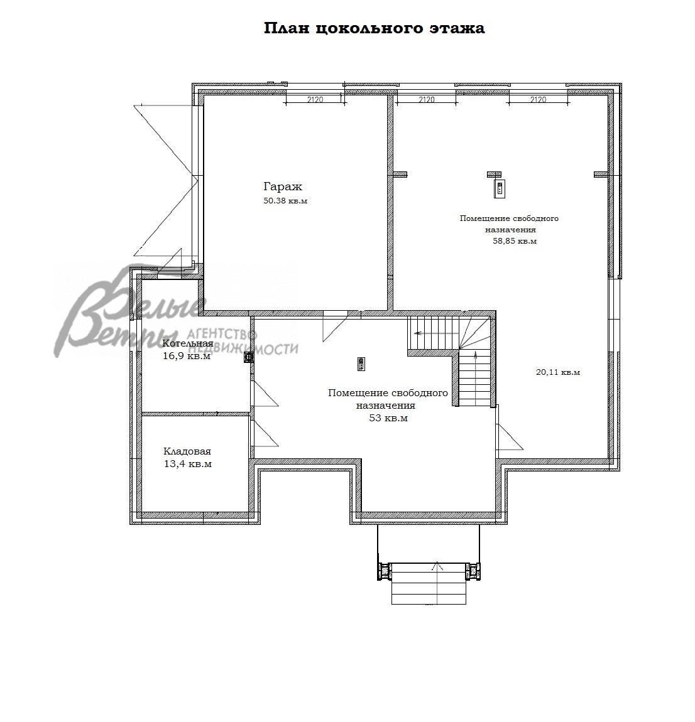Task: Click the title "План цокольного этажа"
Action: coord(374,28)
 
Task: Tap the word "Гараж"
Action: coord(283,186)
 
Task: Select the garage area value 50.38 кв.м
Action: coord(285,201)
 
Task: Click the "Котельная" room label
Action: coord(188,344)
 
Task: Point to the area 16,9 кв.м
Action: coord(187,356)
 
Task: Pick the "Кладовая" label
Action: coord(187,451)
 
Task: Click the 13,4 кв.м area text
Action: coord(188,464)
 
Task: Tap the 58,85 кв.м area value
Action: coord(515,241)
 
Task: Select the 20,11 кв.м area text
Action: coord(558,372)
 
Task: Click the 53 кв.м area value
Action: coord(388,418)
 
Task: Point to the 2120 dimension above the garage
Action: coord(315,99)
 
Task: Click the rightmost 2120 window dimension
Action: coord(539,99)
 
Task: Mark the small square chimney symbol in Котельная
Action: coord(249,357)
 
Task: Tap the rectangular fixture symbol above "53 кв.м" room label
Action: coord(361,364)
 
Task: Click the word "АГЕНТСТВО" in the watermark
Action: coord(221,334)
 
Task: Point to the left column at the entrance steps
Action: coord(384,571)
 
